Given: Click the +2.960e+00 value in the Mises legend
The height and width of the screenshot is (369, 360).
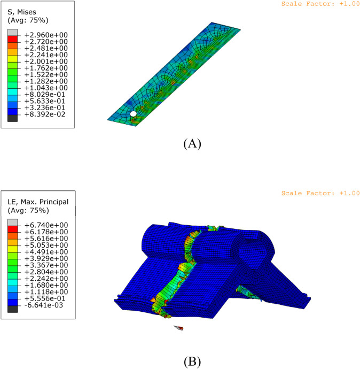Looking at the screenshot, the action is [x=46, y=35].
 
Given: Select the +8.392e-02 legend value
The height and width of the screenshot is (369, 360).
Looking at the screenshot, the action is [x=45, y=114].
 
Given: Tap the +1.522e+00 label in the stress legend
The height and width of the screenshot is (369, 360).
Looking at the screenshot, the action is [x=46, y=74].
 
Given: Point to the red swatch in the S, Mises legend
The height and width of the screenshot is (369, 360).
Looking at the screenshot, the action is [x=12, y=39].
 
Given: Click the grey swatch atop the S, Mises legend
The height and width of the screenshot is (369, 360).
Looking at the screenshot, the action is [x=12, y=33].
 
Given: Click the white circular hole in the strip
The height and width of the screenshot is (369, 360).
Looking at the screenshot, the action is [x=133, y=114].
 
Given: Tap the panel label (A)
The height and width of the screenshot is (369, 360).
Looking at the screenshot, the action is [x=192, y=143].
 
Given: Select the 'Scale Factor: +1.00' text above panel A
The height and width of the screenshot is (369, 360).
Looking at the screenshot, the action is [x=320, y=4].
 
